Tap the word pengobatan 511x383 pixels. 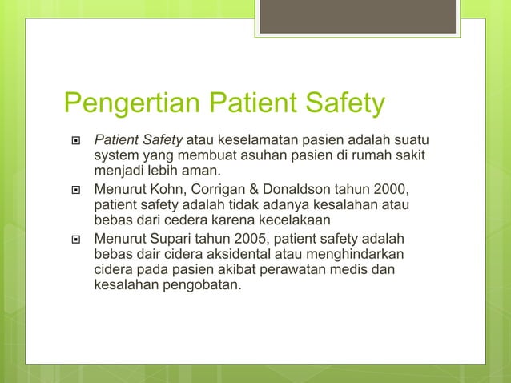(x=200, y=284)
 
